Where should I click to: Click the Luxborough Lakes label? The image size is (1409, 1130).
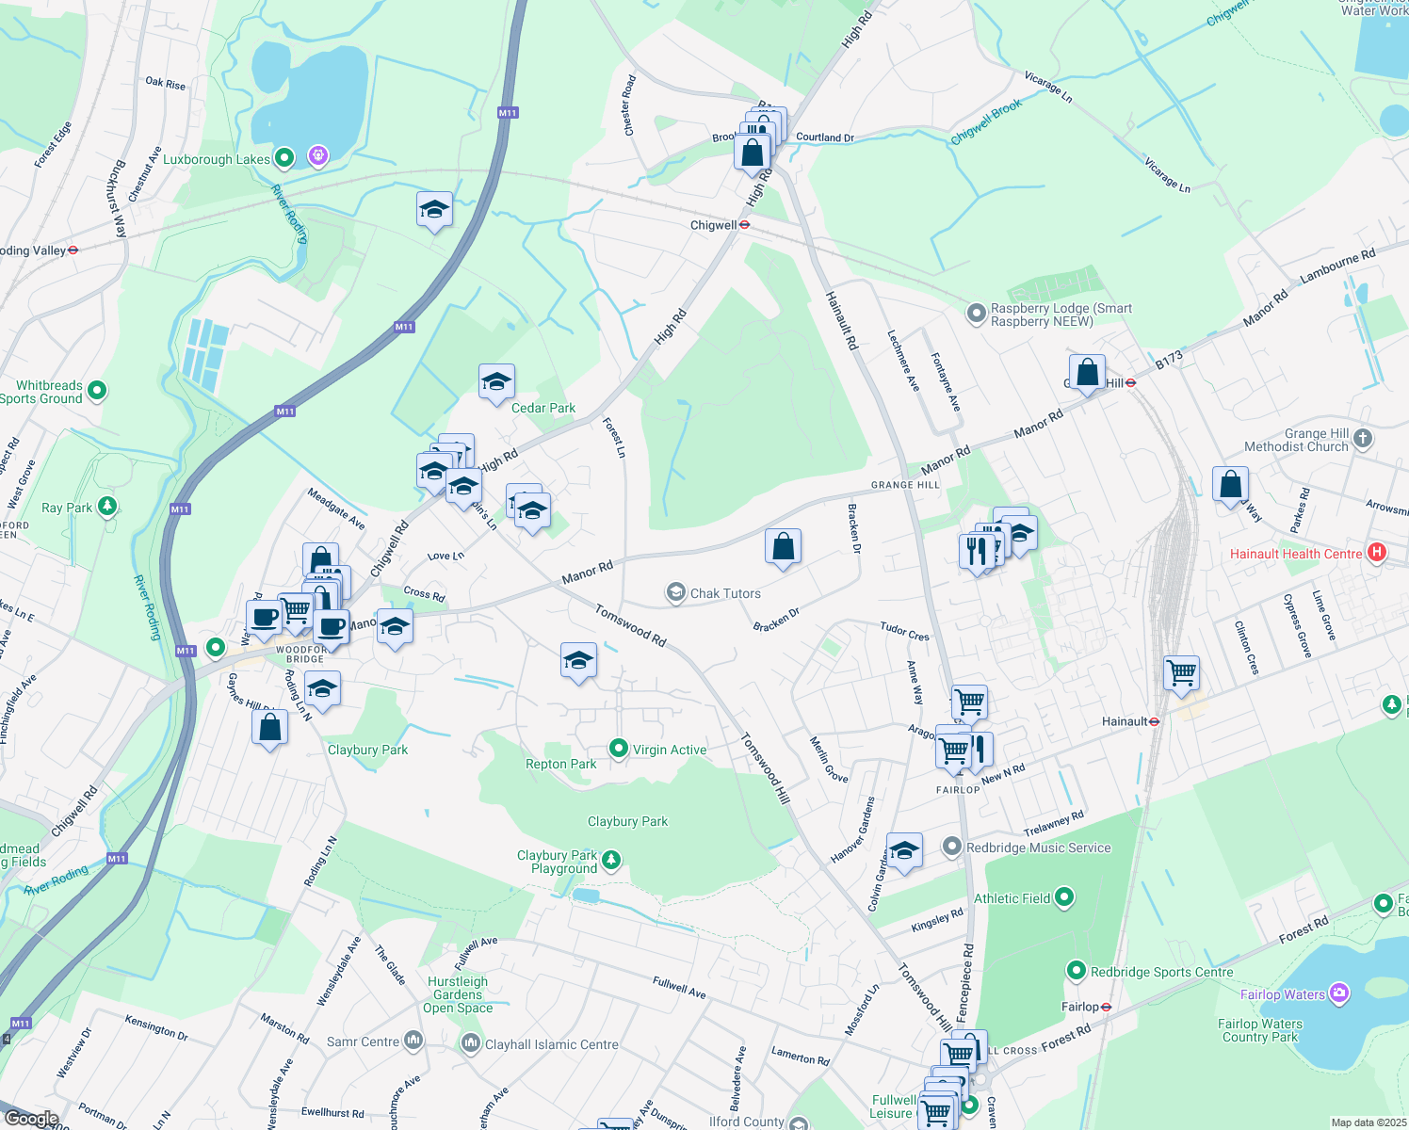(x=217, y=159)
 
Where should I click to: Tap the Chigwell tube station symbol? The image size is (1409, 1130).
(x=744, y=225)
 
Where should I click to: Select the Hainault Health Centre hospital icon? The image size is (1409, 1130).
(x=1377, y=553)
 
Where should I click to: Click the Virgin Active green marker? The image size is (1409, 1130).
(x=619, y=749)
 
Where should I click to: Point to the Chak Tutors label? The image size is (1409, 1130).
(x=725, y=593)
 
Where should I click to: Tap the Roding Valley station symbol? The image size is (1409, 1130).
(x=73, y=250)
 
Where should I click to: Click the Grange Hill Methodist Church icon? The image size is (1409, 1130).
(x=1362, y=439)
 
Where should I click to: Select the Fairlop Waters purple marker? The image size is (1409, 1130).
(x=1339, y=993)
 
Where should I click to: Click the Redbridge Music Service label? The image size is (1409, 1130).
(x=1038, y=847)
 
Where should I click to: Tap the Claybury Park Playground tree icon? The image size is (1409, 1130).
(x=611, y=859)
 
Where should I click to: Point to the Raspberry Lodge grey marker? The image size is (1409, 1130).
(x=977, y=313)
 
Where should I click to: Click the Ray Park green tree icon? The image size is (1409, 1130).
(x=107, y=507)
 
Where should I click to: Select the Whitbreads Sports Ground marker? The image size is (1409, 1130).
(x=96, y=390)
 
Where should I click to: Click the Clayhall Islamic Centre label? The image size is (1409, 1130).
(x=551, y=1044)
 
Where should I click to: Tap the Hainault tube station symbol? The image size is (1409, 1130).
(x=1155, y=721)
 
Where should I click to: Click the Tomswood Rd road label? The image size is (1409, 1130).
(x=630, y=625)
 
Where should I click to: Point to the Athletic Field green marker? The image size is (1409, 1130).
(x=1064, y=897)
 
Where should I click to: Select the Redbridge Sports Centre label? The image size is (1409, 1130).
(x=1161, y=972)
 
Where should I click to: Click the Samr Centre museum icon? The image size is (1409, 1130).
(x=413, y=1041)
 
